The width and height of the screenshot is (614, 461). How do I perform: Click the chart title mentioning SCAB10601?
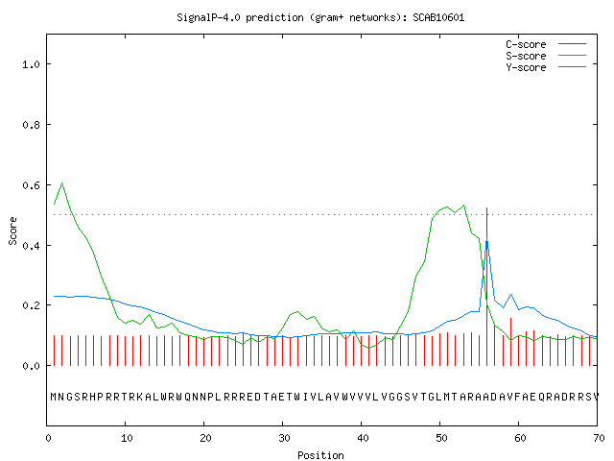[x=320, y=17]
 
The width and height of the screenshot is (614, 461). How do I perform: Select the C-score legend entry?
[x=546, y=44]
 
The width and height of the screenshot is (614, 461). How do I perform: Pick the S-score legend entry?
[x=546, y=56]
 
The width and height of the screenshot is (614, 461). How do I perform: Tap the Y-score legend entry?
[x=546, y=67]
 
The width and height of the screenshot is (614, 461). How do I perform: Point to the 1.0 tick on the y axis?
[x=31, y=64]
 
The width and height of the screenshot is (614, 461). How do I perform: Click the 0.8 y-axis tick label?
[x=31, y=125]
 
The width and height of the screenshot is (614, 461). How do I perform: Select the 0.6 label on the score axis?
[x=31, y=185]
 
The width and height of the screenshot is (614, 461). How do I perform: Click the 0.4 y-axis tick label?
[x=31, y=246]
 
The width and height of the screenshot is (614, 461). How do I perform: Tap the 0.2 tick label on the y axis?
[x=31, y=305]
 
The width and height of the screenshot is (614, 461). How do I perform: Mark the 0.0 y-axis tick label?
[x=31, y=366]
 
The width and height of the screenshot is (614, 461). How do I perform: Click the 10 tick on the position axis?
[x=127, y=438]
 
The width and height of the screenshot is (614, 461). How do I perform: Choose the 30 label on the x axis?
[x=284, y=438]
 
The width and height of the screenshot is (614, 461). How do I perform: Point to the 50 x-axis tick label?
[x=441, y=438]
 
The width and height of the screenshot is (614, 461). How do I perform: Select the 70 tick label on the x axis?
[x=599, y=438]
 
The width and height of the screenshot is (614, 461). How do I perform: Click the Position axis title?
[x=320, y=455]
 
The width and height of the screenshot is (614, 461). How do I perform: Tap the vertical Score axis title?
[x=12, y=230]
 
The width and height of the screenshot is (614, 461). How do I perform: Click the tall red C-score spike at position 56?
[x=486, y=286]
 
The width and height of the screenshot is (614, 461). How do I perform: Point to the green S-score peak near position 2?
[x=61, y=183]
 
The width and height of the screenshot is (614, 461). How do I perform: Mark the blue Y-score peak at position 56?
[x=486, y=237]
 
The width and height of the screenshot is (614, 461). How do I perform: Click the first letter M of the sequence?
[x=54, y=397]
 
